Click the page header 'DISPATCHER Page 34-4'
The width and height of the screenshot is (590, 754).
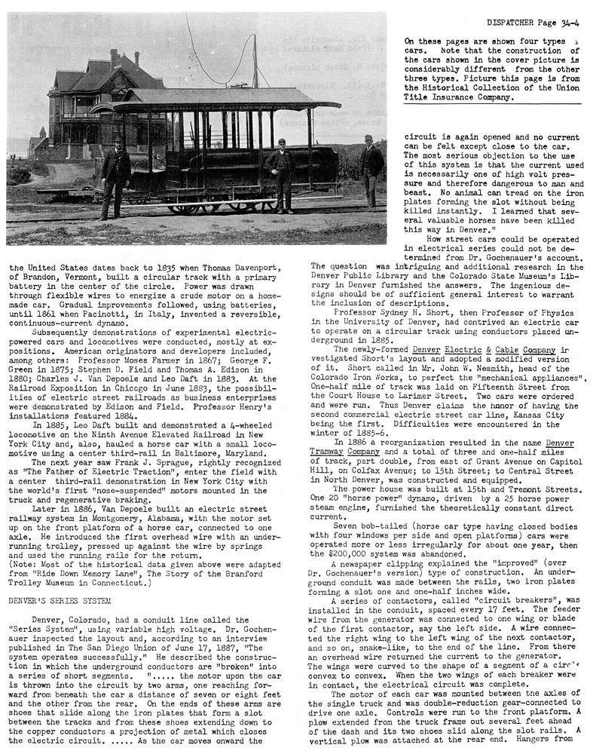[533, 23]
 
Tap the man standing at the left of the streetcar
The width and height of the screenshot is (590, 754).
[115, 176]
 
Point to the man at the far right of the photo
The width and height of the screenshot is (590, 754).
[368, 170]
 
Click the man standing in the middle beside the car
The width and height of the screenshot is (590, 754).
[283, 174]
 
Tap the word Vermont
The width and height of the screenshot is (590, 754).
[84, 277]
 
